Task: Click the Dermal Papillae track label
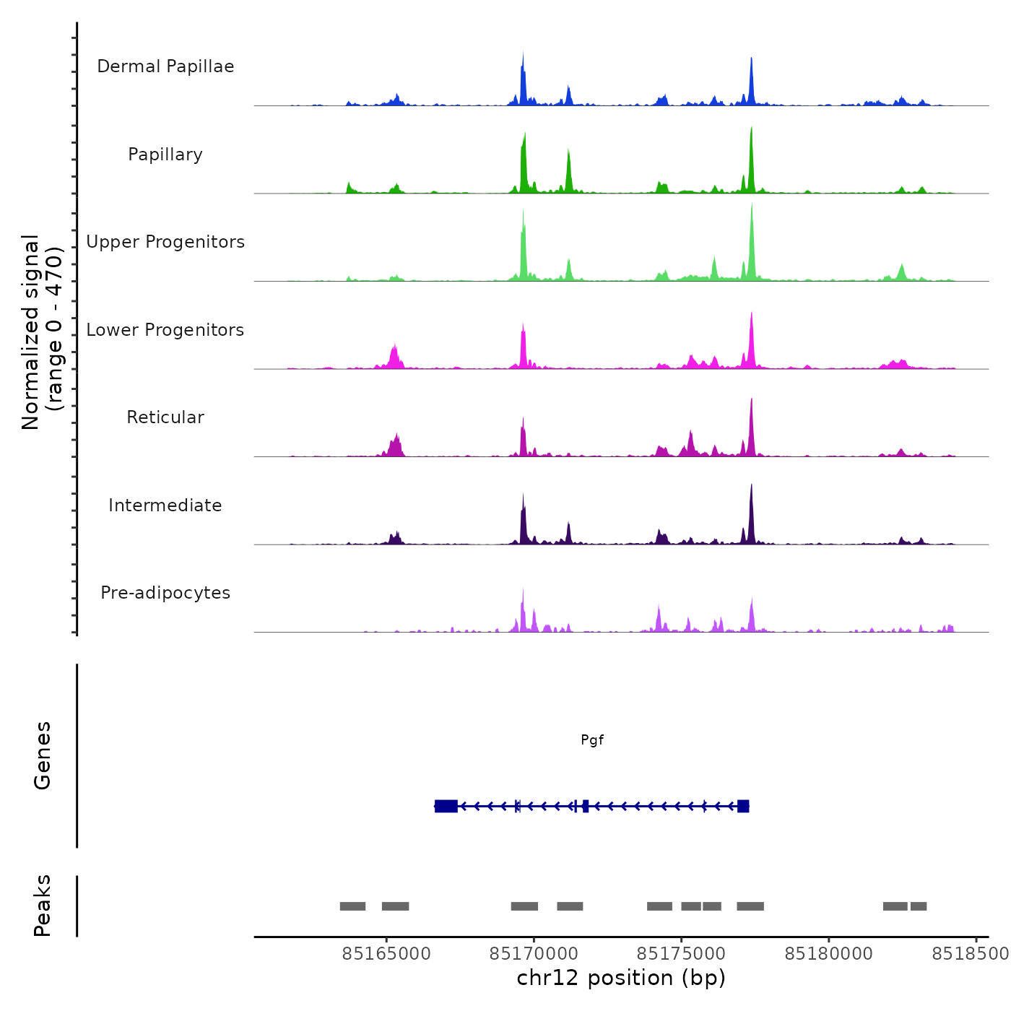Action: click(165, 66)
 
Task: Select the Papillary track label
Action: click(165, 155)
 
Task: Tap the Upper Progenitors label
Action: click(165, 242)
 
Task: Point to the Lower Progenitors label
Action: click(165, 330)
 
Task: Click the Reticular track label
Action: click(165, 417)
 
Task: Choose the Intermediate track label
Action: click(165, 506)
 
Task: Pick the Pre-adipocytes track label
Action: click(165, 593)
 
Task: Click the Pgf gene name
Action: click(592, 740)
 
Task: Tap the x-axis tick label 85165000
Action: click(386, 954)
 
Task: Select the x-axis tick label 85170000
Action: click(534, 954)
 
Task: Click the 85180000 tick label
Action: click(829, 954)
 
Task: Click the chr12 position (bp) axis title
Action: click(621, 978)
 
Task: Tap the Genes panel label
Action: click(43, 755)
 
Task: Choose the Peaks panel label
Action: click(43, 906)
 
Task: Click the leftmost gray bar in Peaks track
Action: click(352, 906)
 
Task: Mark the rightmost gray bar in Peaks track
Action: click(919, 906)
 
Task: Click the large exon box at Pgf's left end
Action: click(446, 806)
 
